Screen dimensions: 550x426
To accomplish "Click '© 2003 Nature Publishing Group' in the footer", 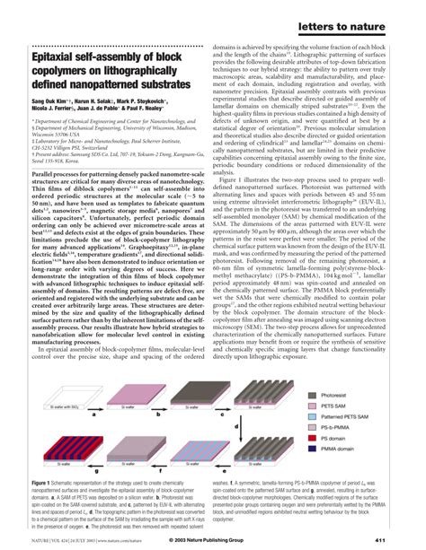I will [x=212, y=538].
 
